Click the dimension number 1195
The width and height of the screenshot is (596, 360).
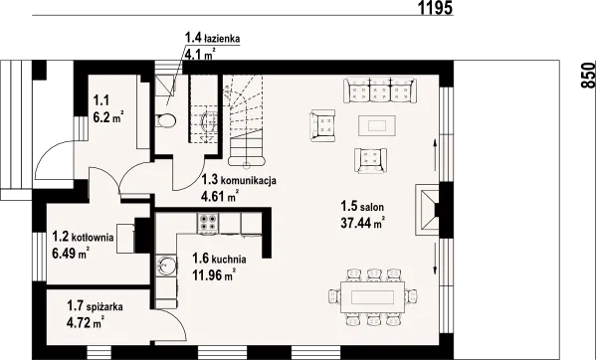tap(436, 8)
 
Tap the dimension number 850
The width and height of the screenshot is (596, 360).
tap(588, 76)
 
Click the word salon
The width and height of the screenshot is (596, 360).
tap(372, 207)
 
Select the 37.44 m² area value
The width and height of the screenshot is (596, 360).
tap(363, 223)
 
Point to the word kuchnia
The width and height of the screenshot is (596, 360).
tap(229, 260)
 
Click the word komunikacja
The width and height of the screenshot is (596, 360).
tap(249, 180)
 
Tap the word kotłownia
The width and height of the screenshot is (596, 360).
tap(93, 238)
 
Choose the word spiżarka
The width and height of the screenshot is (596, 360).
tap(104, 306)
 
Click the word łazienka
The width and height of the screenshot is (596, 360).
tap(222, 39)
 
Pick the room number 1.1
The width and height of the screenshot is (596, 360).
tap(101, 100)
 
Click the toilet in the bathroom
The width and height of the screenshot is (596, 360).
tap(166, 120)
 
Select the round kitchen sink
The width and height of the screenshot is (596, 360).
tap(166, 265)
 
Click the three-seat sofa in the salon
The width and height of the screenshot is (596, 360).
tap(380, 90)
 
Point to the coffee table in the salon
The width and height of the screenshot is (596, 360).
tap(377, 125)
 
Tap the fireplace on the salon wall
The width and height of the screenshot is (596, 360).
tap(428, 210)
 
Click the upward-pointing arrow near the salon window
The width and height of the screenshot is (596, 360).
tap(435, 154)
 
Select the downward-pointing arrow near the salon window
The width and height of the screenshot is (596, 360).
tap(435, 259)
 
